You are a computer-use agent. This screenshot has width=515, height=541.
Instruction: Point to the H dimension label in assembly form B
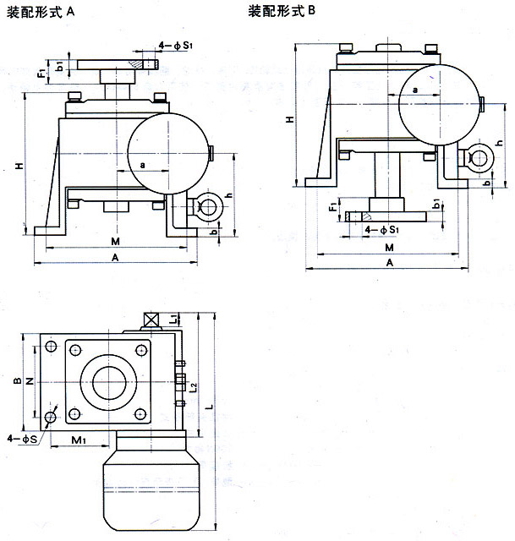289,121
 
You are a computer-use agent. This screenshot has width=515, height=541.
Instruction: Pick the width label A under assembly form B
389,263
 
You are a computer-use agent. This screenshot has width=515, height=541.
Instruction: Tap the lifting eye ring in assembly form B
478,158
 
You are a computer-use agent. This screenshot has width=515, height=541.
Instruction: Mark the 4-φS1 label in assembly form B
381,228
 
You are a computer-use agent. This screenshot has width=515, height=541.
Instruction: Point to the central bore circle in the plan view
107,382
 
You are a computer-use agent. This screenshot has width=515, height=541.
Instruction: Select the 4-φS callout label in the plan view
21,439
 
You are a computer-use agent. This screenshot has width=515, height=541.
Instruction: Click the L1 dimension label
173,320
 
